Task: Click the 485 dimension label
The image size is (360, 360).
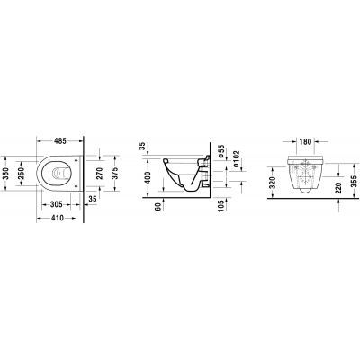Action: coord(60,140)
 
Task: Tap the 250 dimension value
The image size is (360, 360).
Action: coord(22,174)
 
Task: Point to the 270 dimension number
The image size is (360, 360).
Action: coord(99,174)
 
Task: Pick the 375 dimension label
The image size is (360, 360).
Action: coord(115,174)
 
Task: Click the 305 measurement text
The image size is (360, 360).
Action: coord(57,204)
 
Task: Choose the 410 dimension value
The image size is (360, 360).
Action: coord(57,218)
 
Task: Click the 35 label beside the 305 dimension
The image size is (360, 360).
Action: coord(93,199)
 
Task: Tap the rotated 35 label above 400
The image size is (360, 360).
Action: coord(143,147)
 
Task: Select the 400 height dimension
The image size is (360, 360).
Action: coord(148,178)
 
